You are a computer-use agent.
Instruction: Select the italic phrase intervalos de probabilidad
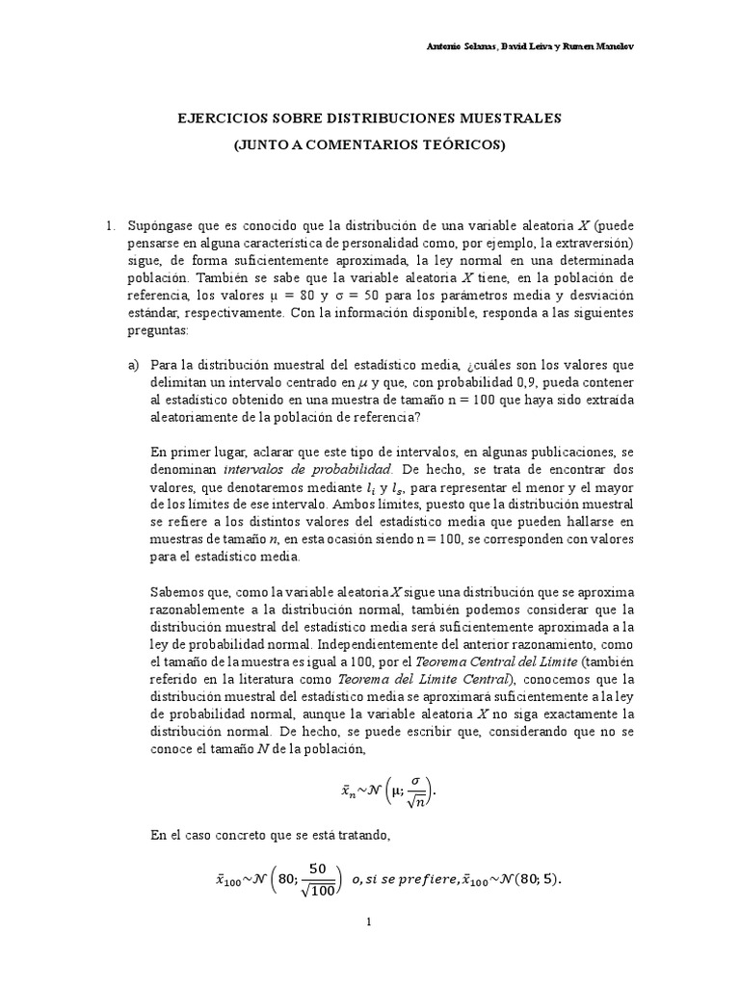308,470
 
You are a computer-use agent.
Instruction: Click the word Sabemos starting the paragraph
179,590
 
